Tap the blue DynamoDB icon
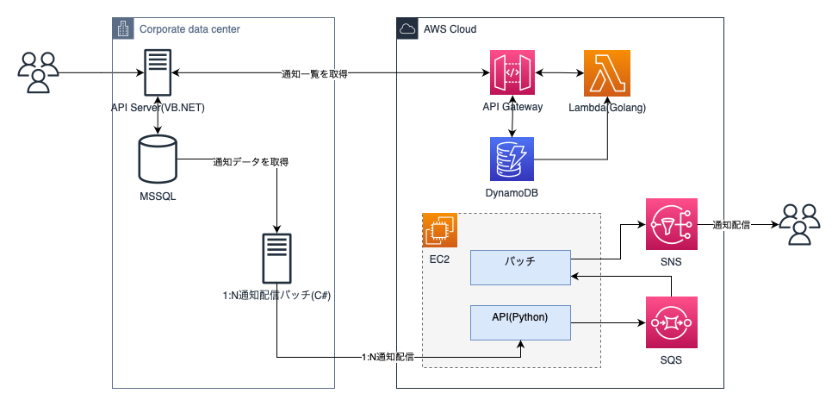pos(512,158)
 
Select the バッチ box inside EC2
pos(520,267)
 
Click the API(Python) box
pos(520,321)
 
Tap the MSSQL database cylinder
pos(158,161)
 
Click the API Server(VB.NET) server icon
pos(157,73)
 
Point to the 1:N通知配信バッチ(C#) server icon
pos(276,257)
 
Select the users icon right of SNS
pos(800,224)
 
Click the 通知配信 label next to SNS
pos(730,225)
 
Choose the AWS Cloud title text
pos(450,29)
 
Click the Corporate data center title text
pos(189,29)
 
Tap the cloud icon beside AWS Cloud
pos(407,29)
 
